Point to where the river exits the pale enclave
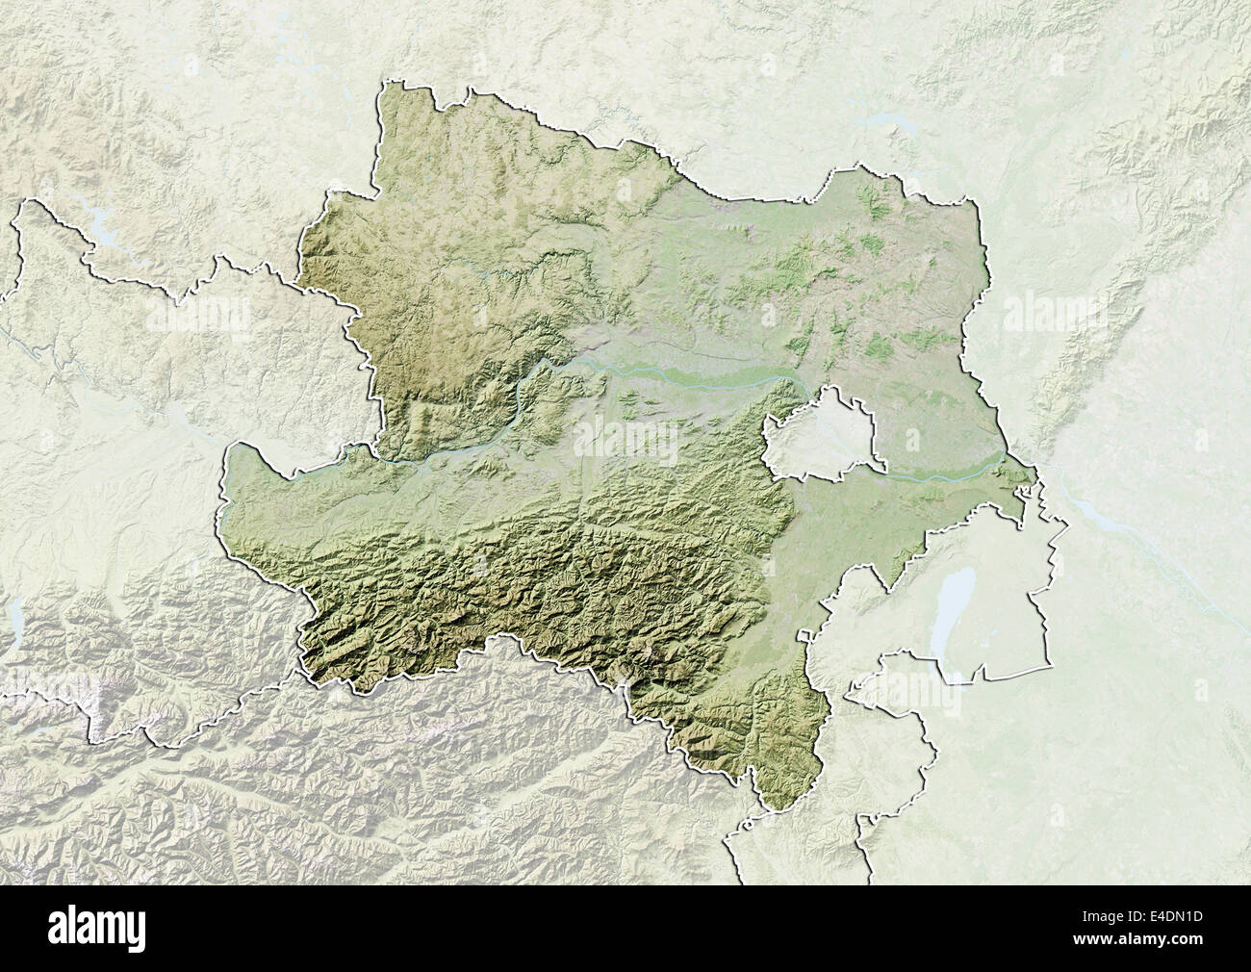coord(881,473)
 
